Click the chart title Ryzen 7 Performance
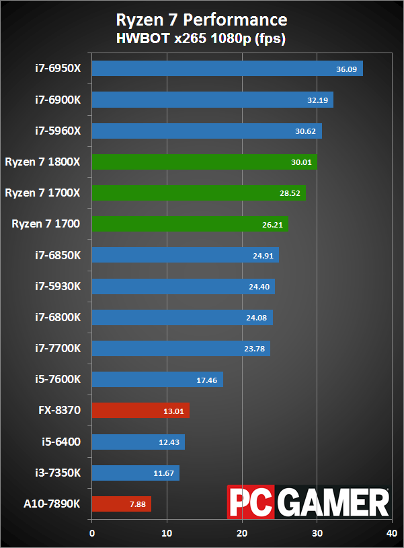tap(202, 19)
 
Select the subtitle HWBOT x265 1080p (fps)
tap(202, 38)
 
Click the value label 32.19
tap(316, 100)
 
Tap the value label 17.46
tap(207, 380)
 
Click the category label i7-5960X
tap(58, 131)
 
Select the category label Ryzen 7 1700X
tap(42, 193)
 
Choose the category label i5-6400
tap(62, 442)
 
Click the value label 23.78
tap(254, 349)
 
